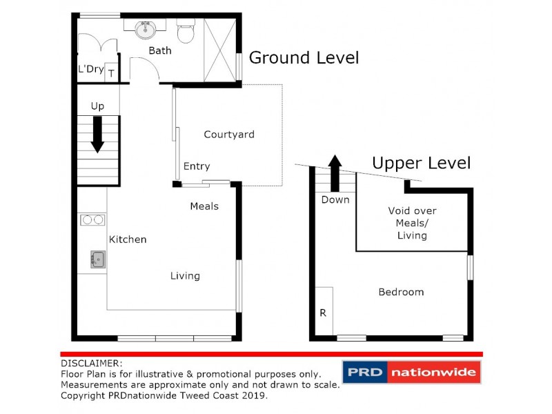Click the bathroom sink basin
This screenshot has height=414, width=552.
click(x=145, y=30)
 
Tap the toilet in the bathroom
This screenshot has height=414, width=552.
click(x=186, y=32)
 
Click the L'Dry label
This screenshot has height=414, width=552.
click(x=90, y=69)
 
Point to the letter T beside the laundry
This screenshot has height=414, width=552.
click(x=111, y=73)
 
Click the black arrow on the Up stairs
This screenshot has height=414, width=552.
click(x=97, y=134)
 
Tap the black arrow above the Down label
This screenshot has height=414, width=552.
click(x=335, y=172)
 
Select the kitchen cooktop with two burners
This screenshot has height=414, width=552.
click(x=92, y=220)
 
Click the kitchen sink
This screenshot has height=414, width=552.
click(x=97, y=259)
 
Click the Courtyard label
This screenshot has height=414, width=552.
click(x=229, y=135)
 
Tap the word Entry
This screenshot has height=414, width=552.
click(x=197, y=166)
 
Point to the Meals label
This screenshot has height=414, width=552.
click(x=204, y=206)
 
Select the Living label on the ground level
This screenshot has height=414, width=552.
click(x=185, y=276)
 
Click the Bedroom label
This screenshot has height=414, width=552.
click(x=401, y=292)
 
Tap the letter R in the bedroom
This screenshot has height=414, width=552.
click(x=322, y=313)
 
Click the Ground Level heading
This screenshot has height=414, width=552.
click(x=304, y=58)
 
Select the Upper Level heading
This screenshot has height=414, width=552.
click(x=421, y=164)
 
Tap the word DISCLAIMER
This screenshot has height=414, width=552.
click(x=92, y=363)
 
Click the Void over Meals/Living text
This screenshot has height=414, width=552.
click(x=412, y=223)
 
